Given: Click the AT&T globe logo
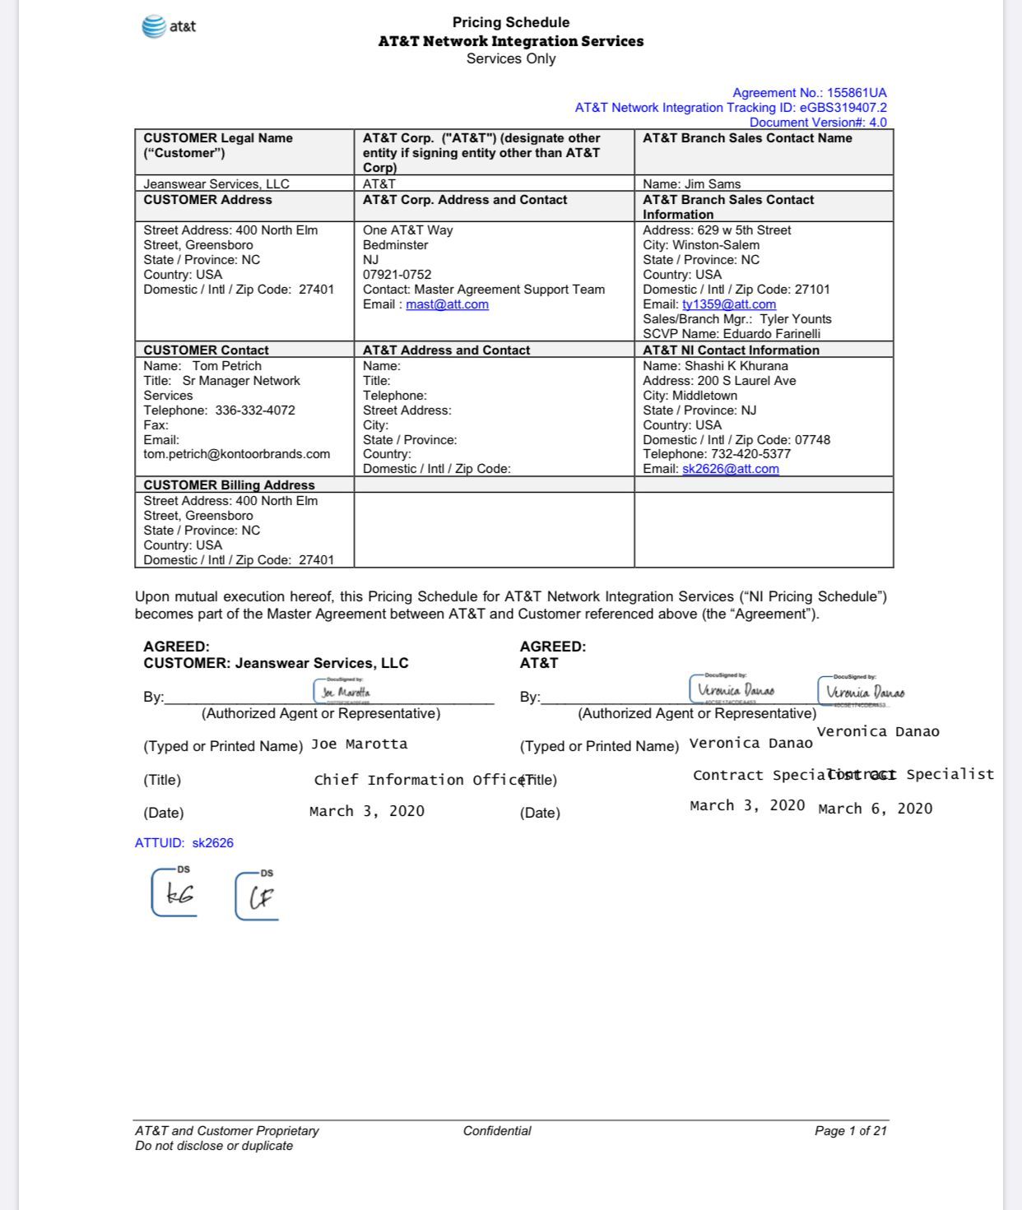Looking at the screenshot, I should pos(155,26).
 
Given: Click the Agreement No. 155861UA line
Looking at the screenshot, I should pos(809,93).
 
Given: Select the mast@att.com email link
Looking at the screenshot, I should pos(447,304).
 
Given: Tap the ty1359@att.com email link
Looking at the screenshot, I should pos(728,304).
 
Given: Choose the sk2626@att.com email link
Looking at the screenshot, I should pos(730,469).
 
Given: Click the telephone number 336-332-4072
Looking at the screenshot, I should pos(255,410).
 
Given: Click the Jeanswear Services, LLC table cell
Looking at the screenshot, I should pos(216,184).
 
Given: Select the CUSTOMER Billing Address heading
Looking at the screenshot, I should pos(229,485).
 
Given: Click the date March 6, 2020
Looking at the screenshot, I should pos(875,809).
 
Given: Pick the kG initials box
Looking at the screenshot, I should pos(174,893).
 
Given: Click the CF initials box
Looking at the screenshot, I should pos(258,897).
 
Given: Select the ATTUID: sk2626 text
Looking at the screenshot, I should pos(184,843).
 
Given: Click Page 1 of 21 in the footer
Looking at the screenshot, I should pos(850,1131).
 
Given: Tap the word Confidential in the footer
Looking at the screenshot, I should pos(497,1131).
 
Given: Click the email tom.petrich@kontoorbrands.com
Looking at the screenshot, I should pos(237,454).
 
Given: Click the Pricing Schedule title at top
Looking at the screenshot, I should pos(510,22).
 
